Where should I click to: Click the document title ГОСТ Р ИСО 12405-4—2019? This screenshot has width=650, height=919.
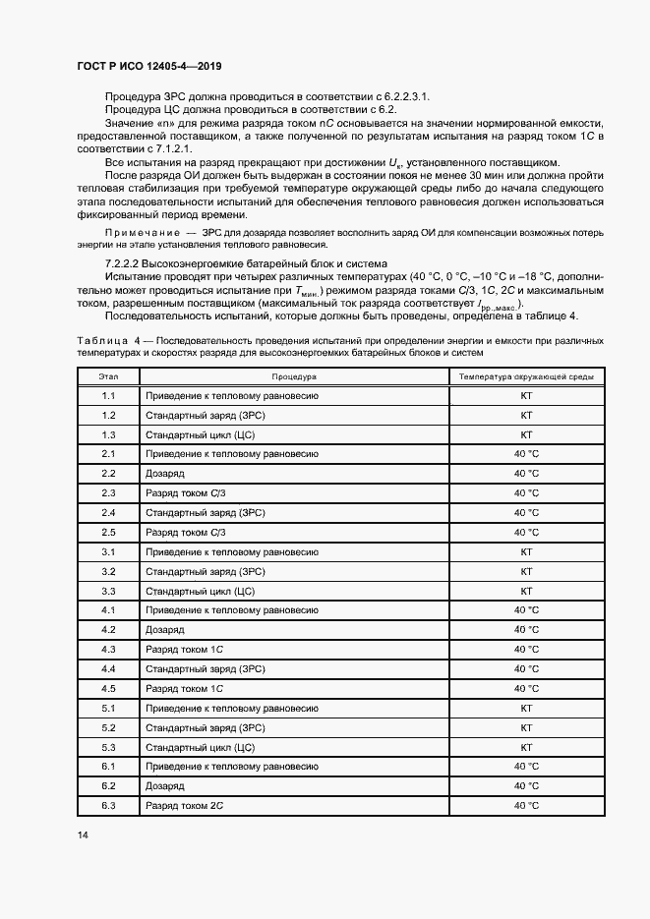(x=148, y=66)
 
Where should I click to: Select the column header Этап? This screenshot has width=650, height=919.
(x=108, y=376)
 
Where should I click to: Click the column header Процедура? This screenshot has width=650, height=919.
(x=293, y=376)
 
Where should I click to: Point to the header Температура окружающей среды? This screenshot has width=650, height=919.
(x=525, y=376)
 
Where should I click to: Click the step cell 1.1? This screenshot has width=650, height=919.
(x=108, y=395)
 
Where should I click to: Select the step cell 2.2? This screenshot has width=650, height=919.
(x=108, y=473)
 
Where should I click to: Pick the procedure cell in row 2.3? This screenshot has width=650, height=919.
(x=186, y=492)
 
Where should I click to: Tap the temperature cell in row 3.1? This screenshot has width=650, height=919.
(x=525, y=551)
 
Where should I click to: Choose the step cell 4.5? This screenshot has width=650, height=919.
(x=108, y=688)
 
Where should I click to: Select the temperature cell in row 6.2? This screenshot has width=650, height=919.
(x=525, y=785)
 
